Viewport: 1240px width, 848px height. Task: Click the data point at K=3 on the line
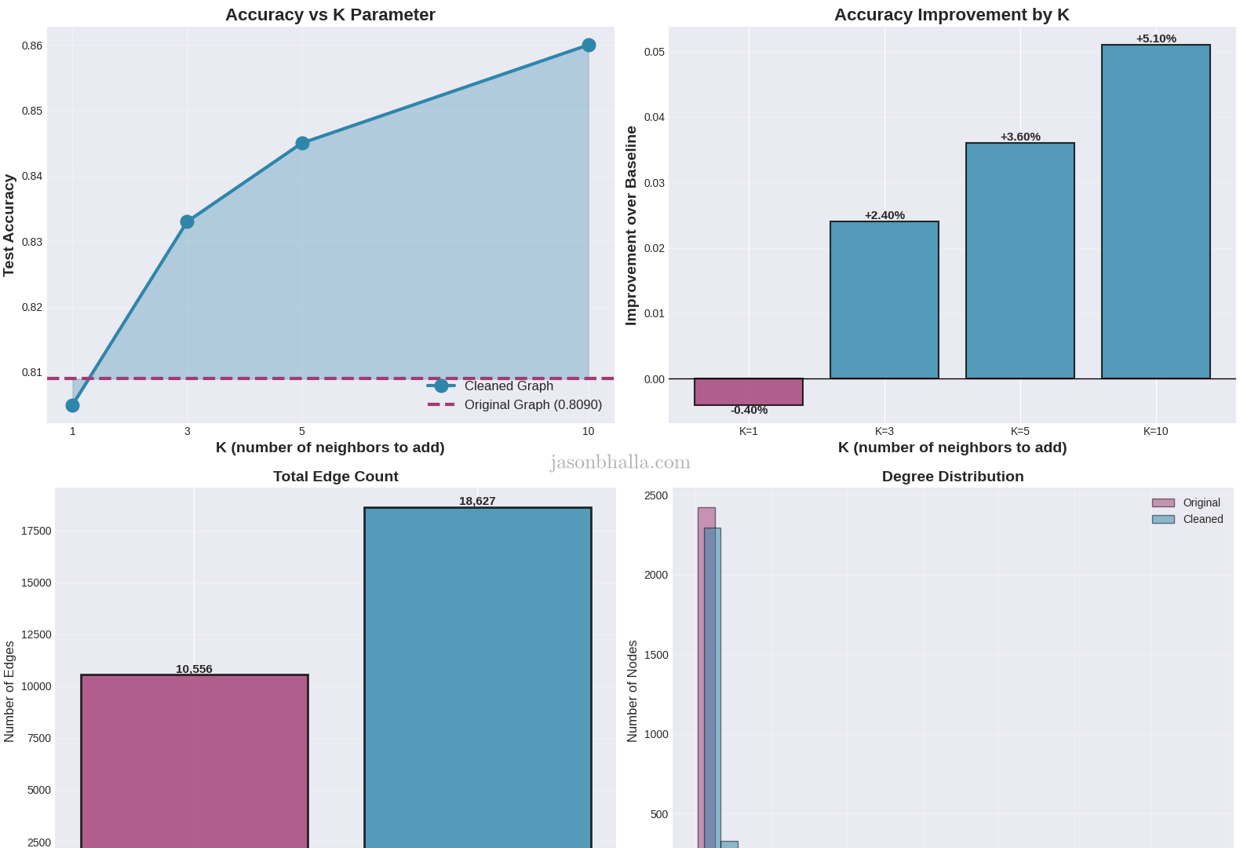coord(187,222)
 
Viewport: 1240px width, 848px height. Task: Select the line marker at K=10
coord(589,46)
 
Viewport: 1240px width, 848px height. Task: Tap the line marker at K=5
coord(302,144)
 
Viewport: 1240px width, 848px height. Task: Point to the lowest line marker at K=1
coord(73,405)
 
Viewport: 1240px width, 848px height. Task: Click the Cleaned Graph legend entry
coord(508,386)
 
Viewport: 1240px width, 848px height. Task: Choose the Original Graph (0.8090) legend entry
coord(532,404)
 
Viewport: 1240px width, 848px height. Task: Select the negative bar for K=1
coord(749,392)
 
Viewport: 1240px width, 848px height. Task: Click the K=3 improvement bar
coord(884,300)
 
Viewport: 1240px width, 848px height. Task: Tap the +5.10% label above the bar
coord(1156,38)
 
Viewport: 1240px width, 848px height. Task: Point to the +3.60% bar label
coord(1020,137)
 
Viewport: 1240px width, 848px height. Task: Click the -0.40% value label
coord(749,410)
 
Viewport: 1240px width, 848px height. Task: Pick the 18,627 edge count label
coord(477,501)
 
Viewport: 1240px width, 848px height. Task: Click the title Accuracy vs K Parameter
coord(330,15)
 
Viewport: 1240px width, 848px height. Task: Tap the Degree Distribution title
coord(953,477)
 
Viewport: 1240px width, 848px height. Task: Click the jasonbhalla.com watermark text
coord(620,462)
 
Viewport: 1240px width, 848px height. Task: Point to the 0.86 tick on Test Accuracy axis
coord(32,46)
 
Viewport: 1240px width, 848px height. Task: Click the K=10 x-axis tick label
coord(1155,431)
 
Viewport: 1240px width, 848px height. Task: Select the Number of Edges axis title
coord(9,692)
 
